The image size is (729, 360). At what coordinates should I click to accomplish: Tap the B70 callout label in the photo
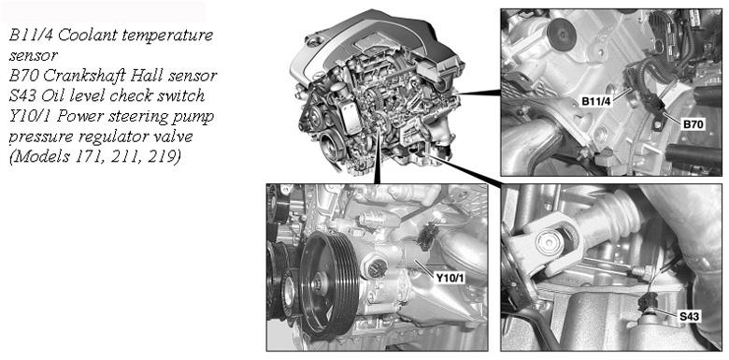[x=694, y=123]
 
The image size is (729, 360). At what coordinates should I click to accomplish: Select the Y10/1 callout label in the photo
[x=450, y=278]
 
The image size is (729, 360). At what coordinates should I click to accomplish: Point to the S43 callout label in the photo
[x=689, y=317]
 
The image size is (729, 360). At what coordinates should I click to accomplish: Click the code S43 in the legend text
[x=22, y=95]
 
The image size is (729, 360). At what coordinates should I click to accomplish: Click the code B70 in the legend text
[x=23, y=75]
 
